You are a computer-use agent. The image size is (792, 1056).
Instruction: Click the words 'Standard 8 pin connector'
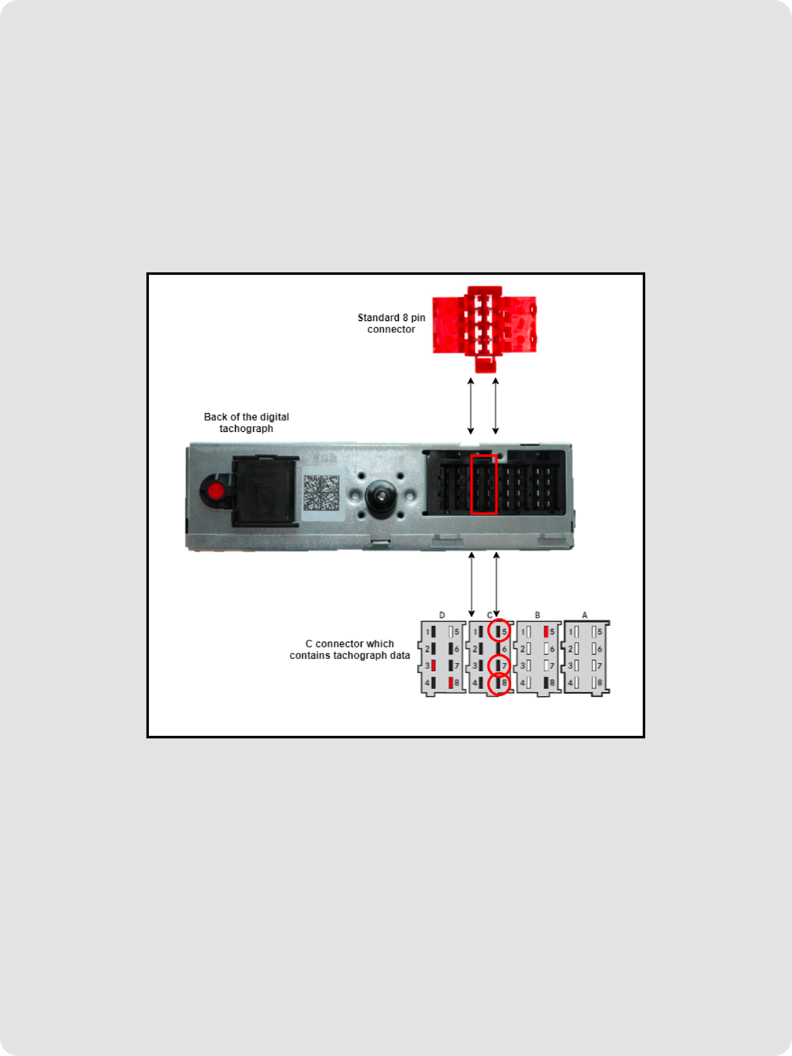pyautogui.click(x=391, y=323)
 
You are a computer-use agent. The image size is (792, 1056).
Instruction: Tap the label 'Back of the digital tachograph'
pyautogui.click(x=246, y=422)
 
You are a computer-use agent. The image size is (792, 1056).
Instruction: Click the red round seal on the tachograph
pyautogui.click(x=216, y=490)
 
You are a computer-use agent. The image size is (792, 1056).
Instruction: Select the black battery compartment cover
pyautogui.click(x=265, y=491)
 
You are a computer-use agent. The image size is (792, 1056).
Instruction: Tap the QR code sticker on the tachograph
pyautogui.click(x=321, y=493)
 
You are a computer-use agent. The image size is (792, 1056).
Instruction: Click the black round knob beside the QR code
pyautogui.click(x=380, y=495)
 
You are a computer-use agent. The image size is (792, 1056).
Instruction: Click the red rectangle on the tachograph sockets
pyautogui.click(x=484, y=485)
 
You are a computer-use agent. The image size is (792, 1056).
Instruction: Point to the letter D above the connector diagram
pyautogui.click(x=442, y=615)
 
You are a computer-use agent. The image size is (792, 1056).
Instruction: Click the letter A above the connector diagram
pyautogui.click(x=584, y=615)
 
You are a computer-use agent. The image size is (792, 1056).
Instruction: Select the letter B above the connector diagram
pyautogui.click(x=537, y=615)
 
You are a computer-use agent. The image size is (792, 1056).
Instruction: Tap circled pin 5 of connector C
pyautogui.click(x=499, y=632)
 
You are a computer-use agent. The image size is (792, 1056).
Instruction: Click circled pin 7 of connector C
pyautogui.click(x=499, y=666)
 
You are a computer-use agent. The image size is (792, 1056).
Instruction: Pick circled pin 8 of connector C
pyautogui.click(x=499, y=684)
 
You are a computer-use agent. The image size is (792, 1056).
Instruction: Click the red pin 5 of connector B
pyautogui.click(x=546, y=632)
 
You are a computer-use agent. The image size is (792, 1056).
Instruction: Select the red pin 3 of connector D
pyautogui.click(x=434, y=666)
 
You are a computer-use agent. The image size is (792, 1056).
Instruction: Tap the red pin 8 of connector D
pyautogui.click(x=450, y=683)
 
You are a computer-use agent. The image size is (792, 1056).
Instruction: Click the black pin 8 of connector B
pyautogui.click(x=546, y=683)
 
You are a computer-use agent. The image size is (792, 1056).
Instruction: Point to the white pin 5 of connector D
pyautogui.click(x=450, y=632)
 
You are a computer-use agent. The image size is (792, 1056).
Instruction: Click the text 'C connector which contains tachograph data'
pyautogui.click(x=349, y=650)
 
